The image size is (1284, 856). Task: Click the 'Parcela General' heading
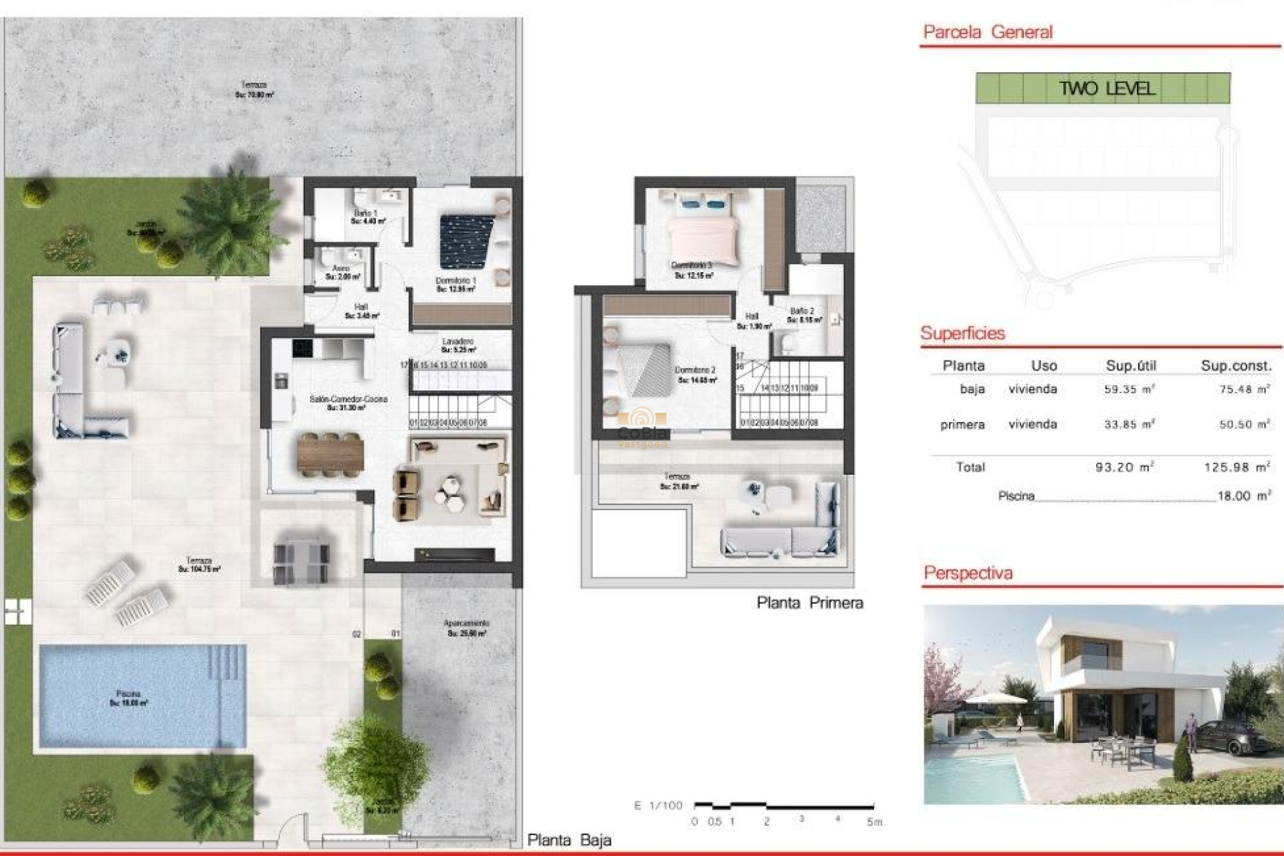tap(987, 32)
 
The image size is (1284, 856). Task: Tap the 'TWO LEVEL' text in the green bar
tap(1106, 88)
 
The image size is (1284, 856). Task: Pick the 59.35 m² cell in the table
tap(1129, 389)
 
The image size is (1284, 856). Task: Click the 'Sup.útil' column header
tap(1130, 365)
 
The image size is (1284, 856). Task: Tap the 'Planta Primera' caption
tap(809, 603)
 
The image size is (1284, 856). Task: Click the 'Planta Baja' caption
tap(569, 840)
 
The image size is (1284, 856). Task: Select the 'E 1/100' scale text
tap(658, 805)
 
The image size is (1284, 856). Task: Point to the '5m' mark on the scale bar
tap(874, 822)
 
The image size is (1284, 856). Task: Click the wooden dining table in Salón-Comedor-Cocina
tap(330, 455)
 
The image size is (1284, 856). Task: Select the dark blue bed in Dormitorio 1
tap(466, 241)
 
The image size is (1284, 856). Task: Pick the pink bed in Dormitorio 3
tap(702, 234)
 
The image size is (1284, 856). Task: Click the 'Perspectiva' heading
tap(967, 573)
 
